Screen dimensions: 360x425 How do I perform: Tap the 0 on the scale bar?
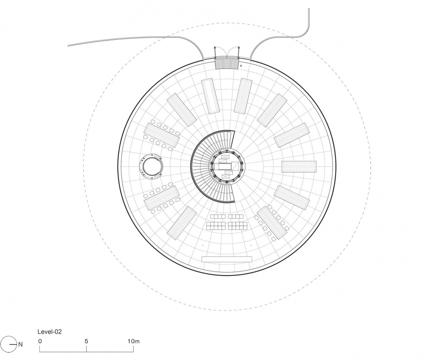(40, 341)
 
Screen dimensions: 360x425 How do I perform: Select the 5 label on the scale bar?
(86, 341)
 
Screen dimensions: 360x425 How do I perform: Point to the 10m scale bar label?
(134, 341)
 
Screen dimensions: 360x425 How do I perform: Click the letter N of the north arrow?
(20, 344)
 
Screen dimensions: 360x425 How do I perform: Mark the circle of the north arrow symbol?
(8, 344)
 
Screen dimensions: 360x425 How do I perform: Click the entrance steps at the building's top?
(226, 63)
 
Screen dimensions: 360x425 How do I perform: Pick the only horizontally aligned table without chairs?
(299, 167)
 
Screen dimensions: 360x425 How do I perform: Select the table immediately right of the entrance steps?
(243, 95)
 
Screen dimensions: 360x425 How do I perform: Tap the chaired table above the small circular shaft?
(161, 135)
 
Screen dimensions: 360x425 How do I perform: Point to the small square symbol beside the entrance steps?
(241, 65)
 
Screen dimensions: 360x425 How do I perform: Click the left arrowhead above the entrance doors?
(216, 47)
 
